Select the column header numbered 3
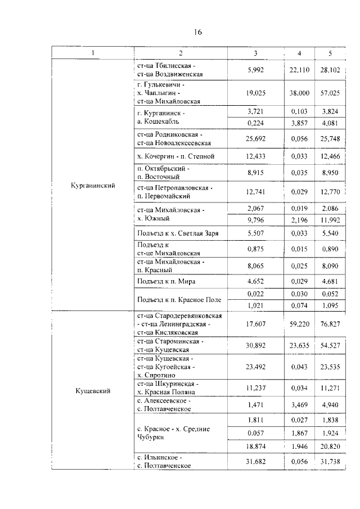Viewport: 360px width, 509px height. pos(255,53)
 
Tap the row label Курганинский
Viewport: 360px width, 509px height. pos(93,186)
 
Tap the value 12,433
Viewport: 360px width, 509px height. pos(255,156)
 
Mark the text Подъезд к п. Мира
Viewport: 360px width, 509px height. pos(166,281)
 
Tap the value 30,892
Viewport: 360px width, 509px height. pos(255,345)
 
